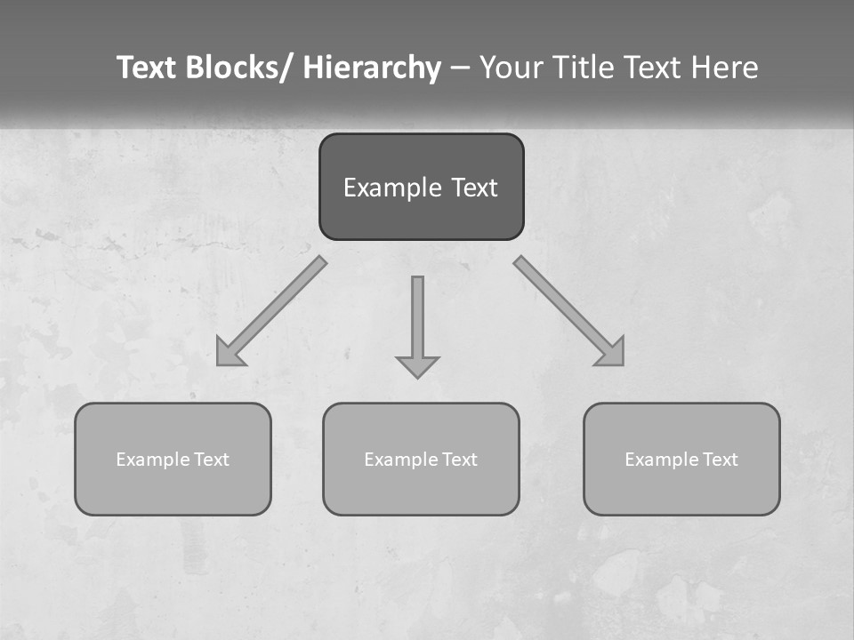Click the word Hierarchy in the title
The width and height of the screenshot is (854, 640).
click(372, 68)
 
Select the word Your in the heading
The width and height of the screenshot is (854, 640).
click(510, 68)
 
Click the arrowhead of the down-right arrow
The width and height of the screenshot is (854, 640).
click(612, 354)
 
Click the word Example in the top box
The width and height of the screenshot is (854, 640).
click(385, 188)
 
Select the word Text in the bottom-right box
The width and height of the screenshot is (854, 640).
click(720, 460)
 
